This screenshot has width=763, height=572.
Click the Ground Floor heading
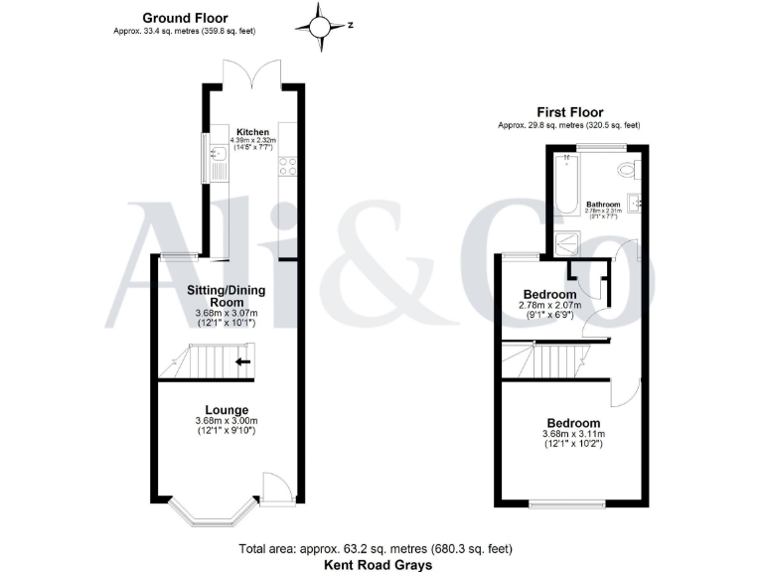[185, 18]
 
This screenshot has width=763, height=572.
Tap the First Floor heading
[569, 112]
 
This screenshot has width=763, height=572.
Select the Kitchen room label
[252, 131]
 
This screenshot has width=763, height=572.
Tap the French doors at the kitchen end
[253, 75]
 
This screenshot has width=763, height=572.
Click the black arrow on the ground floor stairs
[242, 361]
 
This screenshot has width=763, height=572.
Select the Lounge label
[227, 409]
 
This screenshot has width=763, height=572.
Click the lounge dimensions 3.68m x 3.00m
[227, 422]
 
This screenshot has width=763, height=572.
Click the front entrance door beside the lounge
[275, 488]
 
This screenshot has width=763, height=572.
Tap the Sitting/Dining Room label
[226, 294]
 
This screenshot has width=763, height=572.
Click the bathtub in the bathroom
[566, 184]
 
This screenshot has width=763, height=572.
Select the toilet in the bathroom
[629, 168]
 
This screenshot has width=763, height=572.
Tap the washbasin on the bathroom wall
[636, 203]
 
